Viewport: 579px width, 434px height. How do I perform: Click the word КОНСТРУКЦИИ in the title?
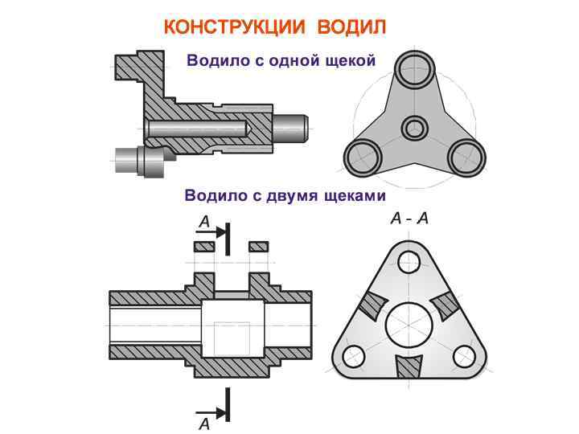[x=234, y=27]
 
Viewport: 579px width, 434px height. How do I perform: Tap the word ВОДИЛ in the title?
[x=352, y=27]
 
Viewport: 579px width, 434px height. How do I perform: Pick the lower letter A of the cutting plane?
[x=204, y=424]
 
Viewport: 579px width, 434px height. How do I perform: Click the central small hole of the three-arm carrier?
[x=415, y=126]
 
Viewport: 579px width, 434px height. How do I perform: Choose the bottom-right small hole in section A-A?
[x=465, y=354]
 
